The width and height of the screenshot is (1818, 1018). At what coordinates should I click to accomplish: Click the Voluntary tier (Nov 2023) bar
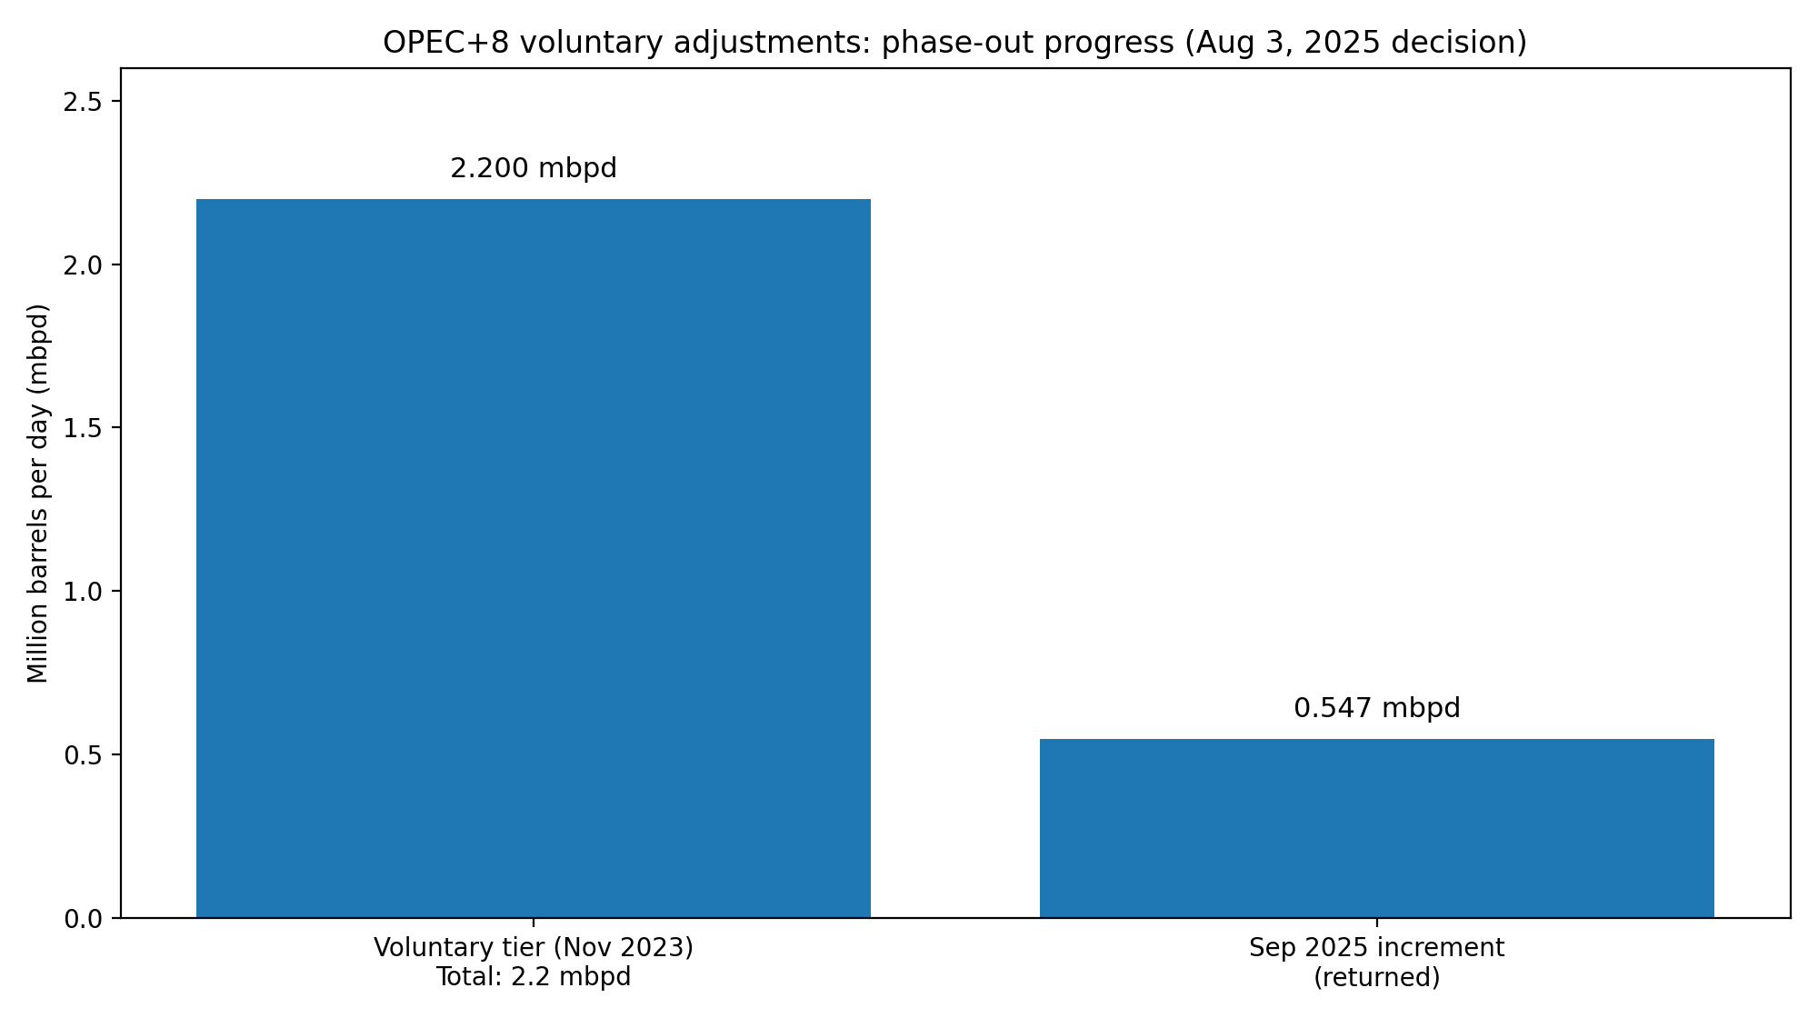coord(534,558)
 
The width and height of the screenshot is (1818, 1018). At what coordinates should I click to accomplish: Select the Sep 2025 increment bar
coord(1376,828)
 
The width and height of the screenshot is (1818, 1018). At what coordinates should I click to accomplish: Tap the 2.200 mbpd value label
coord(534,169)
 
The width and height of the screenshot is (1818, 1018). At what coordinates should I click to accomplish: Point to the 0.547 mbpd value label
coord(1376,708)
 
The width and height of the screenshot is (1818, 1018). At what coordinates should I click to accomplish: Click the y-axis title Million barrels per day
coord(38,493)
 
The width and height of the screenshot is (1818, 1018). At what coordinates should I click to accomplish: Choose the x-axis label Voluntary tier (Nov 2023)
coord(534,948)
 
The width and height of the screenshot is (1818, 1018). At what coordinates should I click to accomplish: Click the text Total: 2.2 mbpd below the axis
coord(534,977)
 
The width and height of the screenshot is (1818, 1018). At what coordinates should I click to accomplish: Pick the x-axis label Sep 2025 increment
coord(1376,948)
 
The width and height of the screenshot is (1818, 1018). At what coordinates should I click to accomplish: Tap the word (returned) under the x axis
coord(1376,977)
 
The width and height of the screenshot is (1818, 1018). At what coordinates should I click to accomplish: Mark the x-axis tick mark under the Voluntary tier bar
coord(534,923)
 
